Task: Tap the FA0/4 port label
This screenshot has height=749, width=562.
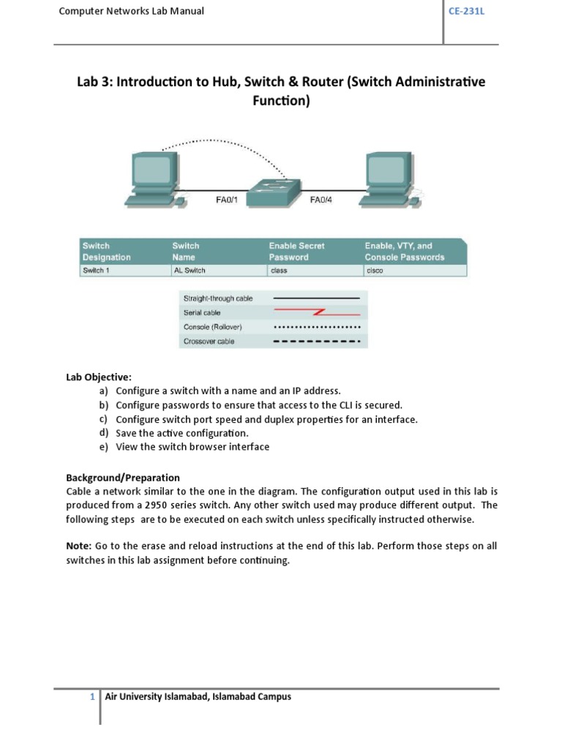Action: click(x=321, y=197)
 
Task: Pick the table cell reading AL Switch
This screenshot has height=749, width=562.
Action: click(x=189, y=270)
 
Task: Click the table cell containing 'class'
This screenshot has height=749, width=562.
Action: click(x=278, y=270)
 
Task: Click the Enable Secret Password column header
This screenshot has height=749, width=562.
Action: click(x=296, y=252)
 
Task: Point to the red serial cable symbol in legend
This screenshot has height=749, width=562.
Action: click(x=316, y=312)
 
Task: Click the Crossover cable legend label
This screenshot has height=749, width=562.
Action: click(x=209, y=342)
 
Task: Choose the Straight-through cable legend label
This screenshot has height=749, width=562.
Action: click(x=218, y=298)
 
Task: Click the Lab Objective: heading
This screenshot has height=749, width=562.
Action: click(x=99, y=377)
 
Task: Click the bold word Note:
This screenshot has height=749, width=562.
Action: click(x=79, y=546)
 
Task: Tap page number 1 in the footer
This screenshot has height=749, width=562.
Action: click(x=93, y=697)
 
